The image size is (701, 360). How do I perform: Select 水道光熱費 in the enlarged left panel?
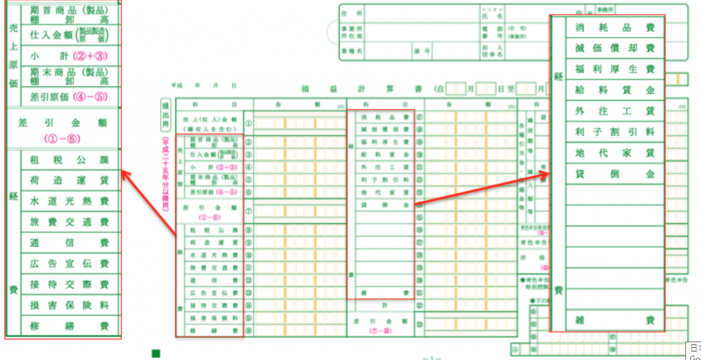[69, 201]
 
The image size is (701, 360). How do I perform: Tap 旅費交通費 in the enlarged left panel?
[69, 222]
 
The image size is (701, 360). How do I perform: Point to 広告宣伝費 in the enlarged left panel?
[69, 264]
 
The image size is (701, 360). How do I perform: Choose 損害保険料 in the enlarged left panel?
[69, 305]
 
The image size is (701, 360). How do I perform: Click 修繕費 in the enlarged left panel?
[69, 326]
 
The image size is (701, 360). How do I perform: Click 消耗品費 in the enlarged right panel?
[614, 28]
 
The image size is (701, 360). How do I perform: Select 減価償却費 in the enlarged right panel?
[614, 48]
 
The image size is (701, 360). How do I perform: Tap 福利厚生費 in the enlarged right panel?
[614, 69]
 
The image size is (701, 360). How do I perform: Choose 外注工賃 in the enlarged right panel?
[614, 111]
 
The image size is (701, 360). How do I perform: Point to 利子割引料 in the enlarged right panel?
[614, 132]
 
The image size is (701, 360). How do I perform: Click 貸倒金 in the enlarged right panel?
[614, 173]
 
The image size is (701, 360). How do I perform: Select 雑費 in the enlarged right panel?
[614, 320]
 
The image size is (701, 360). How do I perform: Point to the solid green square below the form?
[156, 353]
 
